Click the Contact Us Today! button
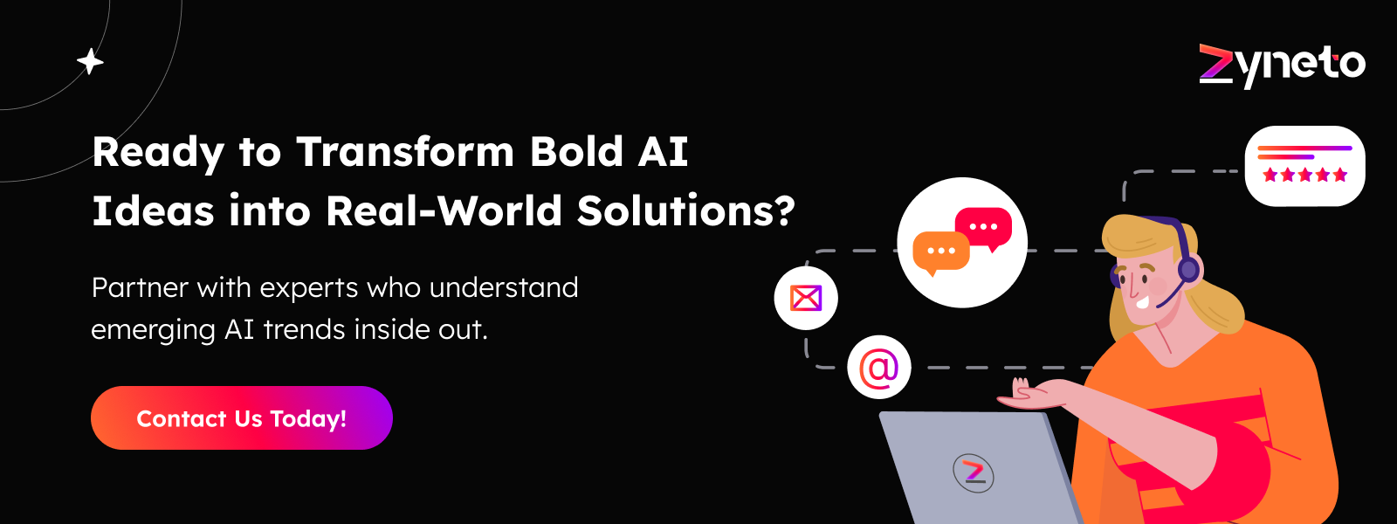click(242, 418)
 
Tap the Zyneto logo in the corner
click(1282, 65)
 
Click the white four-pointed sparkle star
click(90, 62)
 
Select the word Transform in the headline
click(405, 152)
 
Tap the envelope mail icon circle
click(806, 298)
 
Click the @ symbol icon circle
click(879, 368)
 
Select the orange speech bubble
click(940, 252)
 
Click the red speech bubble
click(984, 227)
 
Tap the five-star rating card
click(1304, 166)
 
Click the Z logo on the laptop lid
click(974, 472)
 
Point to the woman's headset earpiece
click(1188, 269)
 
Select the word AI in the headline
click(664, 152)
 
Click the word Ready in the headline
click(158, 152)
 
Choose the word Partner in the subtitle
click(140, 288)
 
